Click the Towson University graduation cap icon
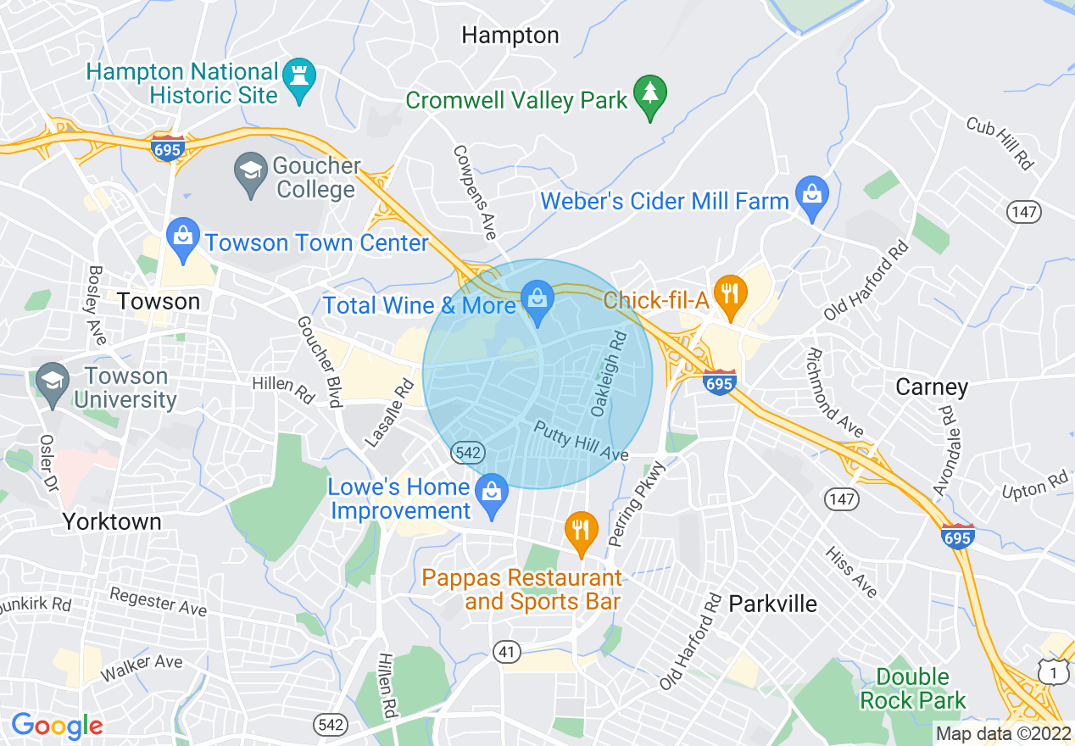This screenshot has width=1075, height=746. point(53,382)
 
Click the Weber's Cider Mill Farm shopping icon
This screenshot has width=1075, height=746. point(812,195)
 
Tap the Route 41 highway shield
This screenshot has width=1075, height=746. point(506,651)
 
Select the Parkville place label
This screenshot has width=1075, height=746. point(773,604)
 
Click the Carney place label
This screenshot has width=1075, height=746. point(932,387)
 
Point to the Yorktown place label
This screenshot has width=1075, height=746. point(112,521)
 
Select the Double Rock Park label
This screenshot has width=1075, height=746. point(912,688)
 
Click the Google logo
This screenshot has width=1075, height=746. point(56,726)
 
